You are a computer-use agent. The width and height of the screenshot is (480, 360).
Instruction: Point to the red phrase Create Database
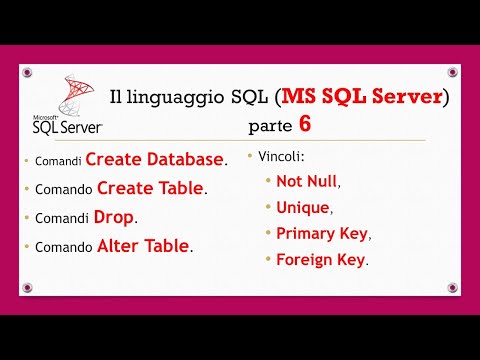[154, 159]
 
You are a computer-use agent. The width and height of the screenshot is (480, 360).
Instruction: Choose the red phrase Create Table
[151, 188]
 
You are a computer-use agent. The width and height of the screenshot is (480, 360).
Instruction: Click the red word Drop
[114, 216]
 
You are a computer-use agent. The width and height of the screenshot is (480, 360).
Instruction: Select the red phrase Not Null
[307, 181]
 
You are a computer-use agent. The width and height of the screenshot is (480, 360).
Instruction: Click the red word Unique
[301, 207]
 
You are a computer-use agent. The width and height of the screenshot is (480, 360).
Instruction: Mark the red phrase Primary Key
[322, 233]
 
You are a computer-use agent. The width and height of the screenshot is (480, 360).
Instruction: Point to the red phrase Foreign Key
[320, 259]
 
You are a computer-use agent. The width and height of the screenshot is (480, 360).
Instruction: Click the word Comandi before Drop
[62, 218]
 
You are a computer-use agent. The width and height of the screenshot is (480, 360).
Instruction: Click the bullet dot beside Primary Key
[267, 234]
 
